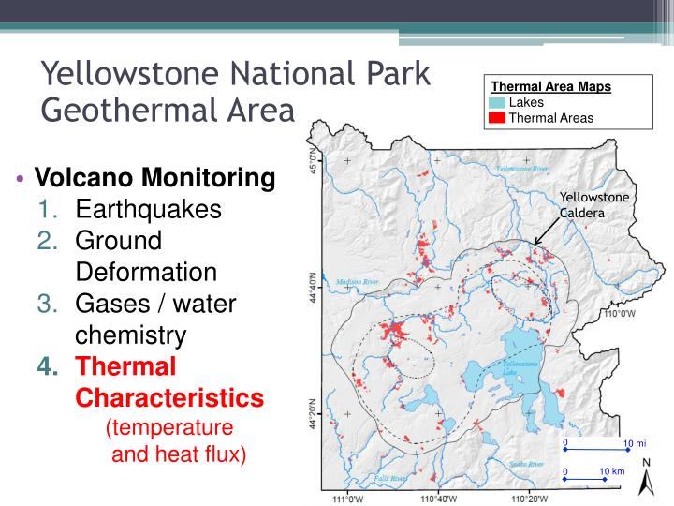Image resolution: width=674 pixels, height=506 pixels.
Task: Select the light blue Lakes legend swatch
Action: (x=496, y=102)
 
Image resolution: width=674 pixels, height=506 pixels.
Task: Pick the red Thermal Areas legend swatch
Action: (x=496, y=117)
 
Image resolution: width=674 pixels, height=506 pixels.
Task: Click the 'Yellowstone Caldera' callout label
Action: (x=594, y=204)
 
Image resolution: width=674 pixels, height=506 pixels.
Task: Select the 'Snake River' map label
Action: (x=526, y=463)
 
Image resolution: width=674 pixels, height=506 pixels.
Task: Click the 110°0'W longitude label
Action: (x=619, y=314)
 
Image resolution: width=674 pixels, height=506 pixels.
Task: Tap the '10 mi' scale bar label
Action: (x=634, y=442)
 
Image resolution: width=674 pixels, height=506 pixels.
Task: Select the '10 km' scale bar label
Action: (x=611, y=470)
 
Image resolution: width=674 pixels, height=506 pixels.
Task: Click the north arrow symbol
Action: (x=646, y=477)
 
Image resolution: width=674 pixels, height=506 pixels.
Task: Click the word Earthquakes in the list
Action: (x=149, y=209)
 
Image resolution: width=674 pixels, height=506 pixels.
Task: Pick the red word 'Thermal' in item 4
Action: (x=126, y=366)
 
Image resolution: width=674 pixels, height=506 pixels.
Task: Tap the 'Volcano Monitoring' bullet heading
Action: (x=154, y=177)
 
